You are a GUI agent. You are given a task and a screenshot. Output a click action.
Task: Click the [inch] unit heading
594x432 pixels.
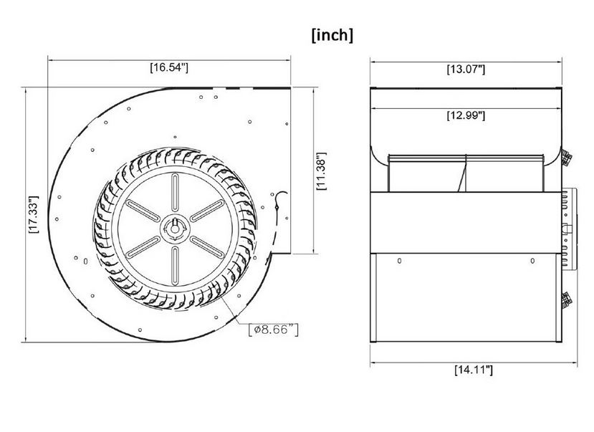[x=332, y=35]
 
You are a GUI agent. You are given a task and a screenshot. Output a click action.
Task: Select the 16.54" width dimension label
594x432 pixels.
[x=169, y=68]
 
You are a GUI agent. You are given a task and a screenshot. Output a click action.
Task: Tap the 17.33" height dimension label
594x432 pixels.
[x=34, y=214]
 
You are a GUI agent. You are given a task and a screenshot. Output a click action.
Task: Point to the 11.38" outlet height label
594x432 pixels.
[x=321, y=171]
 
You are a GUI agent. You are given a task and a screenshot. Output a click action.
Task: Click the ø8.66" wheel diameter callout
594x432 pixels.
[x=274, y=330]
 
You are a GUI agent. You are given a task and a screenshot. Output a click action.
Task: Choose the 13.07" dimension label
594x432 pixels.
[x=466, y=69]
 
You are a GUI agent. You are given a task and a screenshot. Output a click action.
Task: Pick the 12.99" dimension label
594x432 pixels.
[x=466, y=115]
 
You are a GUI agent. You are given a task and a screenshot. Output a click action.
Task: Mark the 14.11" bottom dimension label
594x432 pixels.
[x=474, y=370]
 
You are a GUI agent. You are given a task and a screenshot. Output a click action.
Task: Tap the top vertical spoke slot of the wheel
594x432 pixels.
[x=175, y=192]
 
